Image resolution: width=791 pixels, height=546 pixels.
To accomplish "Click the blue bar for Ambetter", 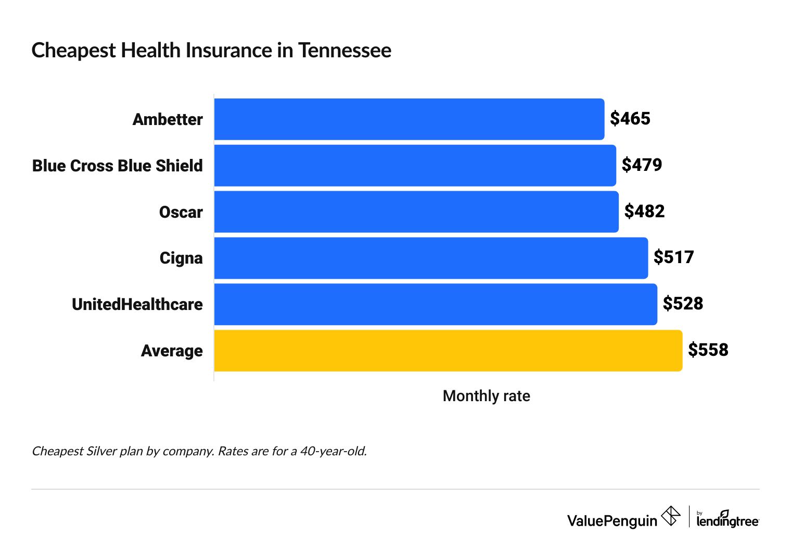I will [x=409, y=119].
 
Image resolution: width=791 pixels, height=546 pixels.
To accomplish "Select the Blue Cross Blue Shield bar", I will [x=415, y=166].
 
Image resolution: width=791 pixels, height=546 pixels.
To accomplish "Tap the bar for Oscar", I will [x=416, y=212].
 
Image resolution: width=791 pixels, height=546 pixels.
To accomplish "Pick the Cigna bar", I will [x=431, y=258].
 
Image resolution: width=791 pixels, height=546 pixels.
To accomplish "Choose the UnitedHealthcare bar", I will [x=436, y=304].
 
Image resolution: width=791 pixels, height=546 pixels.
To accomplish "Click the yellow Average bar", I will [x=448, y=351].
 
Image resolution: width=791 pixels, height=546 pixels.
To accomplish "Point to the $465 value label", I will [x=630, y=119].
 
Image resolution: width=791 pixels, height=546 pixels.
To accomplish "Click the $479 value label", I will [x=642, y=165].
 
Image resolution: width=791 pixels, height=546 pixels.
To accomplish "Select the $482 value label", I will [x=644, y=212].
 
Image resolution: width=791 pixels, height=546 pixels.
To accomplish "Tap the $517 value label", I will [x=673, y=257].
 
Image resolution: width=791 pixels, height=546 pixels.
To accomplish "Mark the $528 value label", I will [x=683, y=304].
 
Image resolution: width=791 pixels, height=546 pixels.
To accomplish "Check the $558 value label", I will [x=708, y=350].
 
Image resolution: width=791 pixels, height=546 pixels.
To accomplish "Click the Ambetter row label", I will [x=168, y=119].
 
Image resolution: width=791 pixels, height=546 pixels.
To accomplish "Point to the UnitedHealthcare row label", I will [x=137, y=304].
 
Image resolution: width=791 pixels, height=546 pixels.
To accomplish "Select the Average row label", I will [x=172, y=351].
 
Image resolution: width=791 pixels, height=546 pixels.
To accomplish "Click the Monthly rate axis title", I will [x=486, y=396].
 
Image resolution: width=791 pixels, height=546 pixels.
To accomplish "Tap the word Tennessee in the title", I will [x=345, y=51].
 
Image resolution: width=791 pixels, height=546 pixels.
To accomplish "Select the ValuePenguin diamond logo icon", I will [x=670, y=516].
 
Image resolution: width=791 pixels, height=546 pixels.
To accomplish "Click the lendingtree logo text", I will [x=728, y=521].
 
